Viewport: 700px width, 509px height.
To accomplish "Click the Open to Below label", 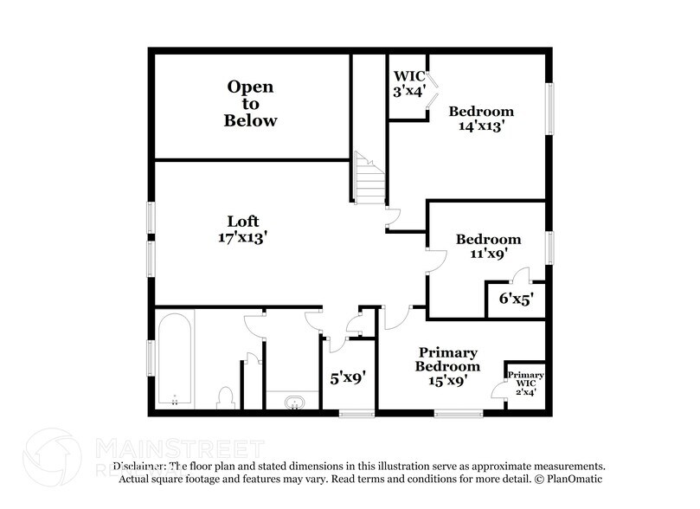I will (250, 103).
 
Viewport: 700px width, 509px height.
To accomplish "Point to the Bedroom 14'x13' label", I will (481, 118).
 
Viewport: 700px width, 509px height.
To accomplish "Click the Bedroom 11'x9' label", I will (488, 246).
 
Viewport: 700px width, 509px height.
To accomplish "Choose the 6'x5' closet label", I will (515, 300).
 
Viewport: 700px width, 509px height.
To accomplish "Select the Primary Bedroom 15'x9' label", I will (448, 366).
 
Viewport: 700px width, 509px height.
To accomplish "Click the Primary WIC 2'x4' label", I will (525, 383).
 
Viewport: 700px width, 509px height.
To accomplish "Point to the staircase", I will (369, 178).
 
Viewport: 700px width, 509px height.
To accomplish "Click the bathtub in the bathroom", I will (175, 360).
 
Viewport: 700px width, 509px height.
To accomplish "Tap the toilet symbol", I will (226, 396).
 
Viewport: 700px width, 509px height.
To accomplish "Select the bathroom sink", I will (292, 401).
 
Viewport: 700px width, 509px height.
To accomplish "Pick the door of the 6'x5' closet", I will (520, 276).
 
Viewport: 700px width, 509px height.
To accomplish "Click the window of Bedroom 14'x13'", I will (549, 109).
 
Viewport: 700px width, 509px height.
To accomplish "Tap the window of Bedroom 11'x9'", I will (549, 247).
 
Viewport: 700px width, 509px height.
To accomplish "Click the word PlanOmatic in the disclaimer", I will (571, 478).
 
